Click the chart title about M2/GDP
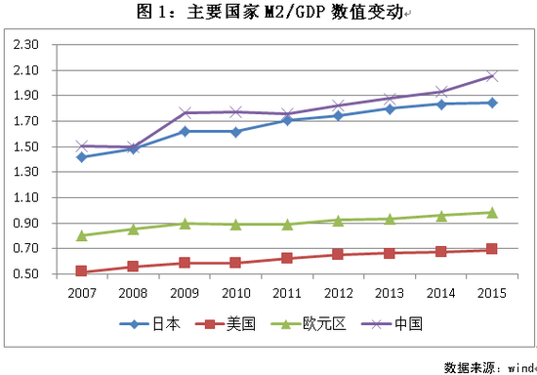[268, 13]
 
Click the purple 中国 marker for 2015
[492, 76]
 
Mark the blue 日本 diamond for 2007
[81, 157]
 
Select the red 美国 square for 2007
[81, 271]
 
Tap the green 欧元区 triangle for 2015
[492, 212]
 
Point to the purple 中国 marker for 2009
[184, 113]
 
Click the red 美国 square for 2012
[338, 255]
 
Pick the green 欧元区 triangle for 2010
[235, 225]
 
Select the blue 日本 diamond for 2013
[389, 108]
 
